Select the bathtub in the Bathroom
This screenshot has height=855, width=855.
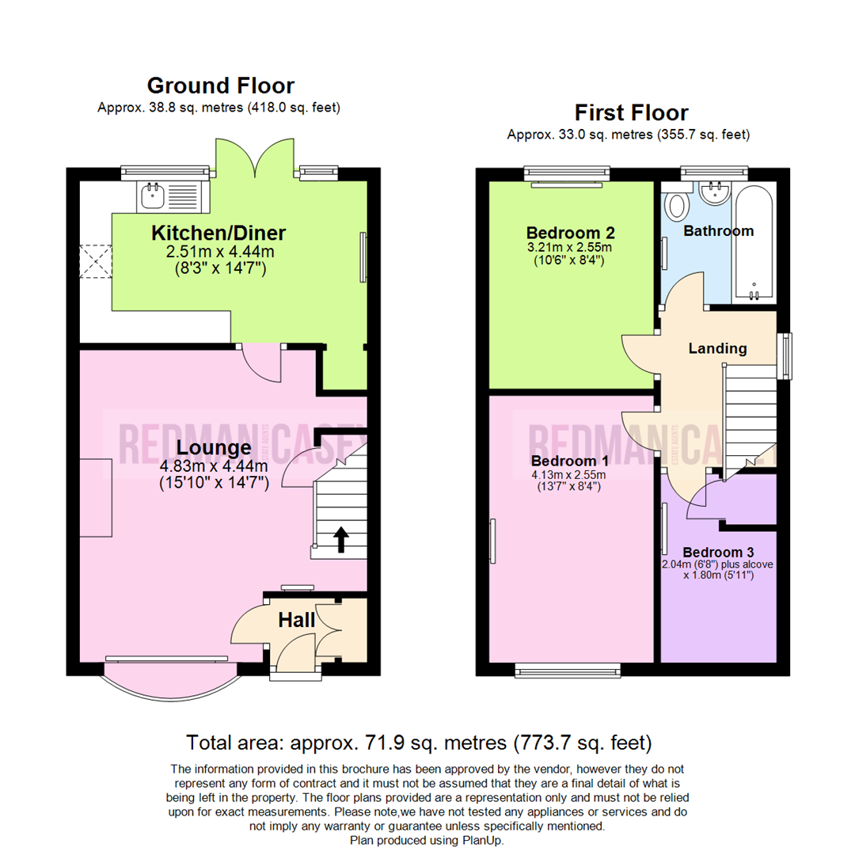(x=754, y=241)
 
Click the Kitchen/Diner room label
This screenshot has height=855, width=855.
(x=218, y=234)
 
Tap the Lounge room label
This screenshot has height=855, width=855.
(x=213, y=448)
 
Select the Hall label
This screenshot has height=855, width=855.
(x=296, y=620)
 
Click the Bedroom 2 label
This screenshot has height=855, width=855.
(x=571, y=234)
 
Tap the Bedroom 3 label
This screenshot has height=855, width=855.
(x=719, y=552)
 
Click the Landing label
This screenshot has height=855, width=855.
(x=717, y=348)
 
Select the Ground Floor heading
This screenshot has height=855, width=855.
(x=220, y=85)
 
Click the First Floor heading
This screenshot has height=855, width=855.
(x=631, y=112)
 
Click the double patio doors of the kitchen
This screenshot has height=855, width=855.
(x=255, y=158)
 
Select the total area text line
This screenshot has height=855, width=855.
(x=419, y=743)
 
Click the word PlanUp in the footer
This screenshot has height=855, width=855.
(x=481, y=840)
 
